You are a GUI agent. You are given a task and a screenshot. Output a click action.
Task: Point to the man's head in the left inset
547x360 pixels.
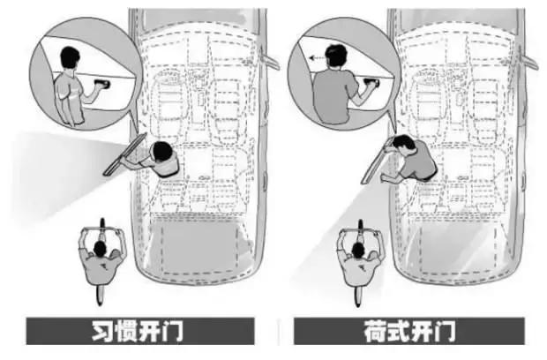pyautogui.click(x=70, y=59)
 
